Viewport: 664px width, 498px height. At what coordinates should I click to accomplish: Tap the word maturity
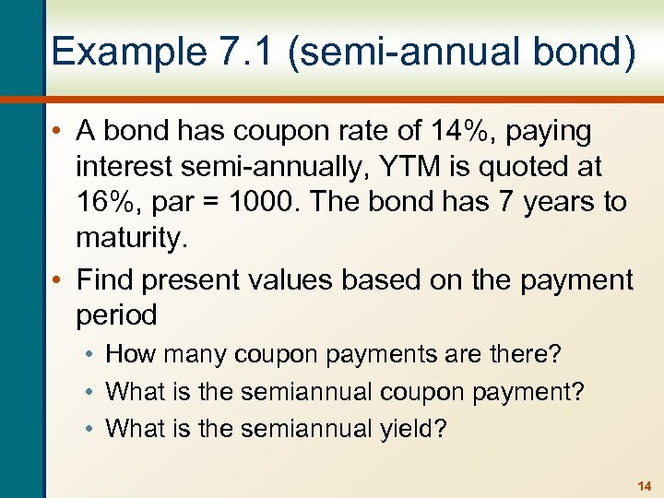pyautogui.click(x=131, y=238)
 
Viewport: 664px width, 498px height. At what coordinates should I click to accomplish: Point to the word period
pyautogui.click(x=116, y=314)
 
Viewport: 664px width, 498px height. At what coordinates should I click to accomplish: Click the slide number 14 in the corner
pyautogui.click(x=644, y=485)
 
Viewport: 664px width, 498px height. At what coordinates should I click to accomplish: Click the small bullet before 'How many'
pyautogui.click(x=92, y=354)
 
